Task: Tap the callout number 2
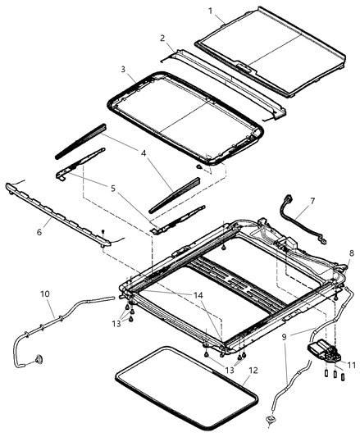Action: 162,39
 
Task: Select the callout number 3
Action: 123,70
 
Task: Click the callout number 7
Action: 312,201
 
